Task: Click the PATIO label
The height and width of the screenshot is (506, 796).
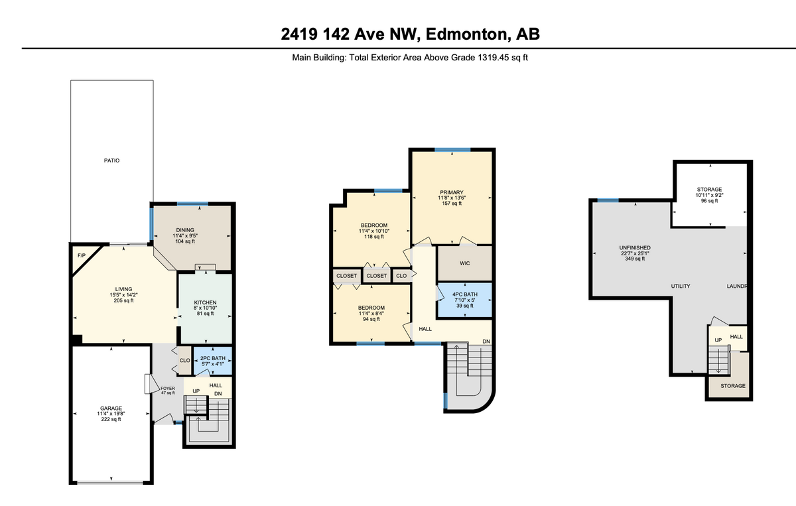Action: point(111,160)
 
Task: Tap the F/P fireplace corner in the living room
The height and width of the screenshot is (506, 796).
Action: point(82,255)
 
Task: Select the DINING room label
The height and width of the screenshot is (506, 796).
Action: point(185,230)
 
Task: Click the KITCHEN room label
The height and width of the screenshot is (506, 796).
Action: point(205,302)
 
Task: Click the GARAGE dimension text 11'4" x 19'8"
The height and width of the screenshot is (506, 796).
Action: point(111,414)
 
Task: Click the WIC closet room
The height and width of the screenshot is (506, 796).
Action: point(465,263)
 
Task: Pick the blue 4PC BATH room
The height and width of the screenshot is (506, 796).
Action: point(465,300)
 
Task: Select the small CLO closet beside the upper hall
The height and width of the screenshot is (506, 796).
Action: point(401,276)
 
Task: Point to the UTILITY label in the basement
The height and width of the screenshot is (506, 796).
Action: point(681,286)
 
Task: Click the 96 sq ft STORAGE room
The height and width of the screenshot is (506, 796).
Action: point(708,195)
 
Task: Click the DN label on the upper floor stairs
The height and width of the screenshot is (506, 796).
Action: point(486,342)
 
